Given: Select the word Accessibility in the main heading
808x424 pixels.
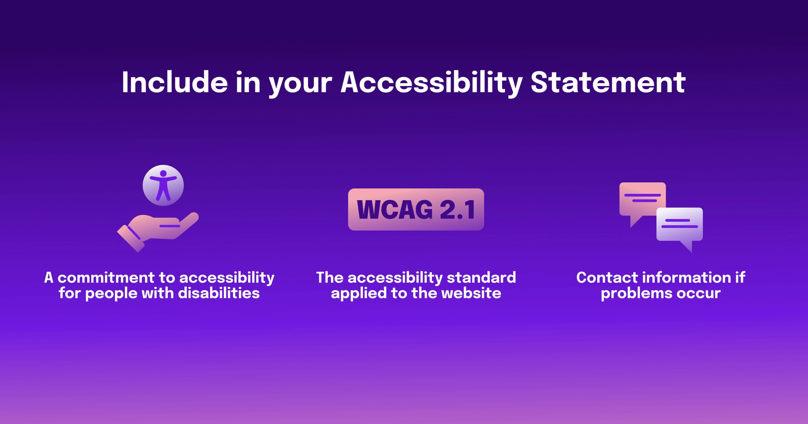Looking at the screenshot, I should pyautogui.click(x=431, y=83).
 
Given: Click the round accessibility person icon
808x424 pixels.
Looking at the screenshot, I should pyautogui.click(x=163, y=185).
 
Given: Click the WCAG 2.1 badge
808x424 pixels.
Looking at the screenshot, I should pyautogui.click(x=416, y=209).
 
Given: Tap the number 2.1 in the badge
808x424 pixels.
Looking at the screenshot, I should pyautogui.click(x=457, y=209).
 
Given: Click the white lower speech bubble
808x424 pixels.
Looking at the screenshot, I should pyautogui.click(x=680, y=225).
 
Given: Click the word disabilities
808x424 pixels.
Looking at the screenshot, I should pyautogui.click(x=219, y=293).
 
